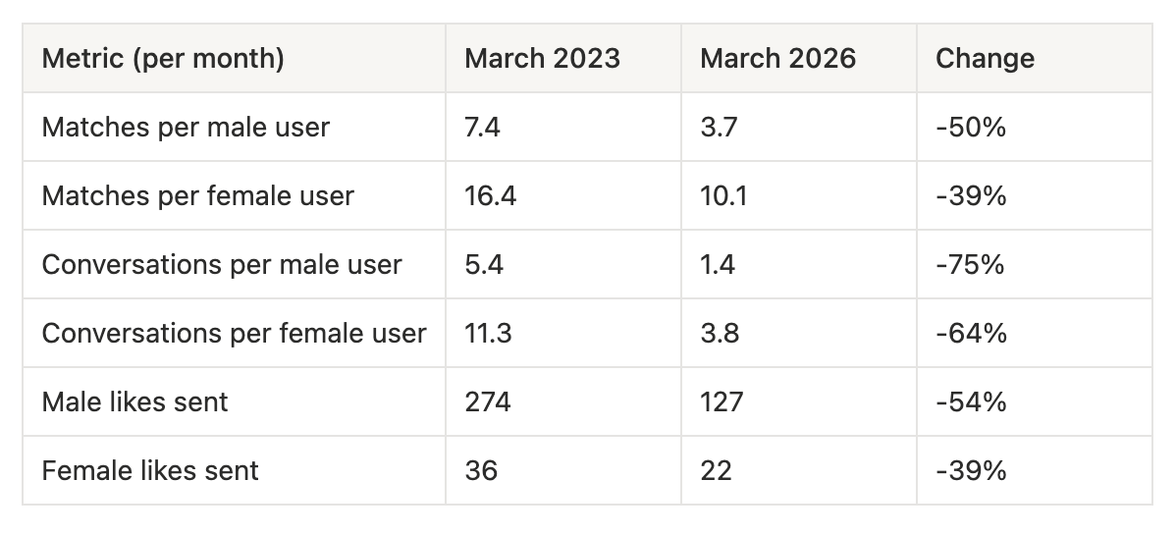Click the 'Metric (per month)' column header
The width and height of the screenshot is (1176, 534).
click(x=163, y=59)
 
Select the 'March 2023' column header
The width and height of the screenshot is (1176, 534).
click(x=542, y=59)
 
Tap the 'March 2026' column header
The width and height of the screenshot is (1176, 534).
click(x=777, y=59)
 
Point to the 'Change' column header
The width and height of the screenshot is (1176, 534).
click(x=985, y=59)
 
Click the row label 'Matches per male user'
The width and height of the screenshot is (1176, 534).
click(x=186, y=128)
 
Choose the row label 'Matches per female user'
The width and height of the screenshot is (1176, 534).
click(x=197, y=196)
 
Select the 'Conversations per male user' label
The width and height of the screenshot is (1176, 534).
click(x=222, y=265)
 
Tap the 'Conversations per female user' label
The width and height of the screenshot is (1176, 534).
click(x=234, y=334)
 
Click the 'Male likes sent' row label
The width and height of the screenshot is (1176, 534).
click(x=134, y=402)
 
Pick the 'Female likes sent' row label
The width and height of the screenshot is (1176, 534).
click(x=150, y=471)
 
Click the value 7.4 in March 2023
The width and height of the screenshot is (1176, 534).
click(x=482, y=128)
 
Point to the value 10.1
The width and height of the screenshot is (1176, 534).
click(x=723, y=196)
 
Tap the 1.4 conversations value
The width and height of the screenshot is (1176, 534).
click(x=718, y=265)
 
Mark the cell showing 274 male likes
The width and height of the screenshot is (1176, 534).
click(x=488, y=402)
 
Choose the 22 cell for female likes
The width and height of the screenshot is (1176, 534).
click(x=716, y=471)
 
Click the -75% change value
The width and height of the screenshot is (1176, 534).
click(x=970, y=265)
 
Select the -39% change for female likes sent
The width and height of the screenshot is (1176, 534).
click(x=971, y=471)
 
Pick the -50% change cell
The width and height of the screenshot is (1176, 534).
click(x=971, y=128)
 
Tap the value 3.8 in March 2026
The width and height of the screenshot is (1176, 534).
click(x=720, y=334)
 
